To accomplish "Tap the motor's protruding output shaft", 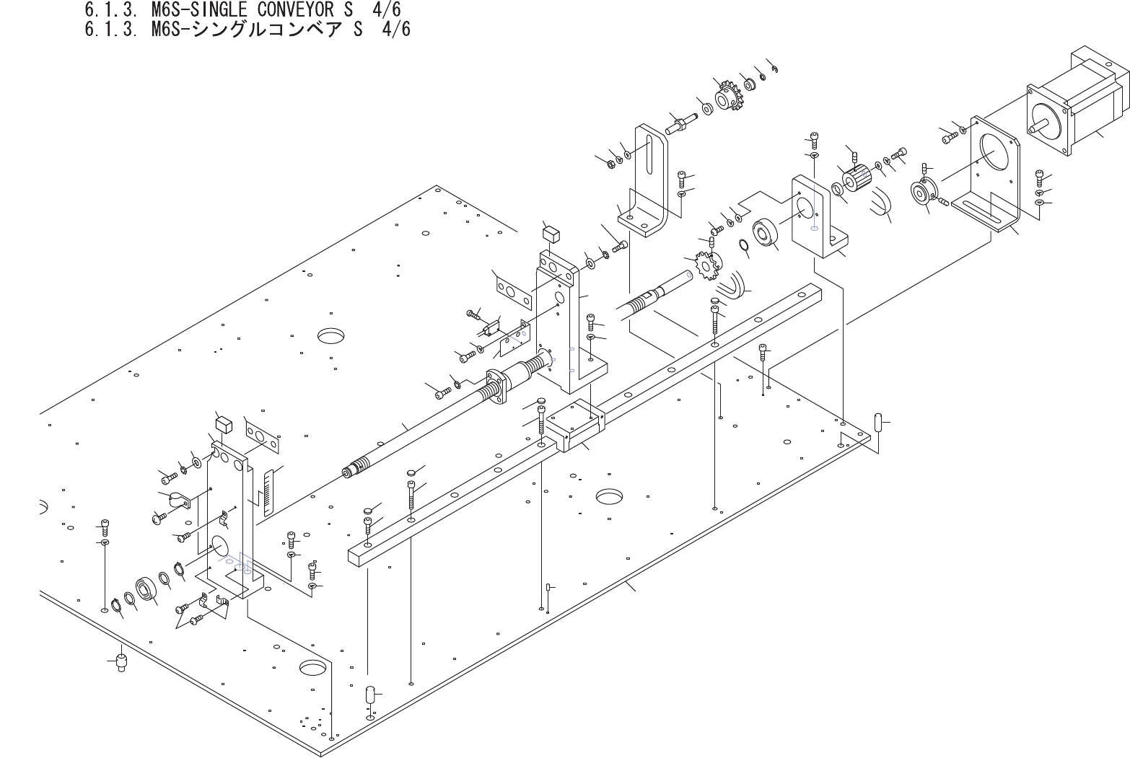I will [x=1037, y=128].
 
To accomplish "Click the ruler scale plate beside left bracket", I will [x=270, y=492].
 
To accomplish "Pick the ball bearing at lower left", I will [x=146, y=589].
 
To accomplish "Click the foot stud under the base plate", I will [x=121, y=661].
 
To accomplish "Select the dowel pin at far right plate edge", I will [x=878, y=422].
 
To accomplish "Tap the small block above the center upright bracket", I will [x=551, y=234].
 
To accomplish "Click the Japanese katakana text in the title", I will [x=289, y=30].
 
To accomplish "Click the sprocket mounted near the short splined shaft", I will [x=703, y=265].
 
